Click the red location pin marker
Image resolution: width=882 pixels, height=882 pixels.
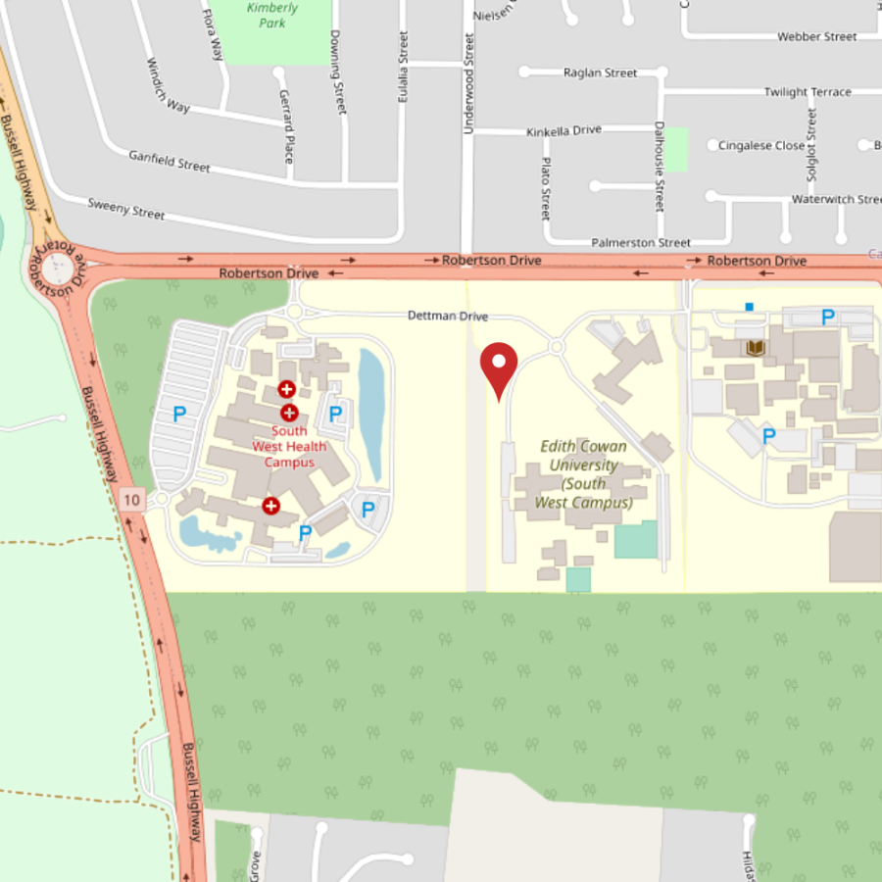[x=499, y=365]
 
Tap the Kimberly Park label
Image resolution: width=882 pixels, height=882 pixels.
[x=271, y=15]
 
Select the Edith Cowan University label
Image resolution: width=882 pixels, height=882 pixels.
[x=584, y=474]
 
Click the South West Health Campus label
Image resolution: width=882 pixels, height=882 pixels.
[x=289, y=446]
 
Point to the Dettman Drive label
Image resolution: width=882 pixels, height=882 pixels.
[x=448, y=317]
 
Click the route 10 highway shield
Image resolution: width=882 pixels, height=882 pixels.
[x=133, y=501]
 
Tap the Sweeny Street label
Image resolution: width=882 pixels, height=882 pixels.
[x=126, y=209]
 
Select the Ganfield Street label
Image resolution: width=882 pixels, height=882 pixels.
[x=170, y=161]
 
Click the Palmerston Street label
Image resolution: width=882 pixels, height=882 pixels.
[x=641, y=242]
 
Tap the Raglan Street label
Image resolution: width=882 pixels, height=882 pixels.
[x=600, y=73]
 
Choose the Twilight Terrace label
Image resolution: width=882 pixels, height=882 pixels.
[x=808, y=92]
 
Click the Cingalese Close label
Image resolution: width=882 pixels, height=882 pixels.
[x=761, y=145]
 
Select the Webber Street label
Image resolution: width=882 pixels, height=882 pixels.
[x=816, y=37]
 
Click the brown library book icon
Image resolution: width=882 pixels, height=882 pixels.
[x=756, y=347]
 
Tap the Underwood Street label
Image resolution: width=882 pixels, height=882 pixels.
[x=467, y=84]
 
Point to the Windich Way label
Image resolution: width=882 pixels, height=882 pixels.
[x=169, y=85]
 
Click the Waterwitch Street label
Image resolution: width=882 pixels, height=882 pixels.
[x=836, y=200]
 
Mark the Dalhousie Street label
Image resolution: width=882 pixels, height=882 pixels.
[x=659, y=167]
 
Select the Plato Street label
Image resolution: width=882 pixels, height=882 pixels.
[x=546, y=189]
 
